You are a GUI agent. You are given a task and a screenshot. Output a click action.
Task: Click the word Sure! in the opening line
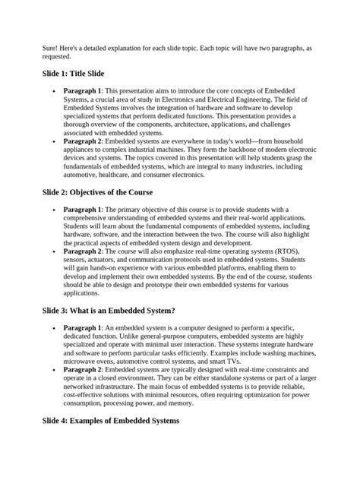(50, 47)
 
